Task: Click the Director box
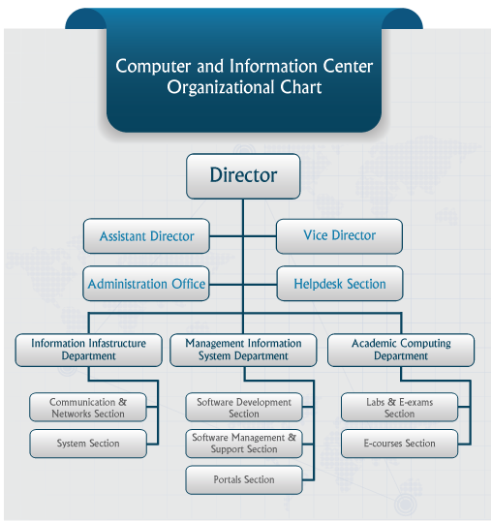click(243, 176)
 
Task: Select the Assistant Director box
click(146, 236)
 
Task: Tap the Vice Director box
click(339, 236)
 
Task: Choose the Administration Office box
click(146, 284)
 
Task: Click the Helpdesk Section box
click(340, 284)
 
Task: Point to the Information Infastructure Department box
click(88, 350)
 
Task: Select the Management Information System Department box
click(243, 350)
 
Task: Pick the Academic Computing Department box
click(401, 350)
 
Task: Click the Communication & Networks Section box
click(88, 407)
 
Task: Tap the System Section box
click(88, 444)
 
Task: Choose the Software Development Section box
click(244, 407)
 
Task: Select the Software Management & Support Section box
click(244, 444)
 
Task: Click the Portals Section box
click(244, 479)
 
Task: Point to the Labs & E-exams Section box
click(399, 407)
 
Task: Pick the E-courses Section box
click(399, 444)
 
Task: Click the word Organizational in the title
click(220, 88)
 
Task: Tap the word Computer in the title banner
click(153, 66)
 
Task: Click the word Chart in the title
click(301, 87)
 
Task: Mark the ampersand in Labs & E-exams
click(392, 402)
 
